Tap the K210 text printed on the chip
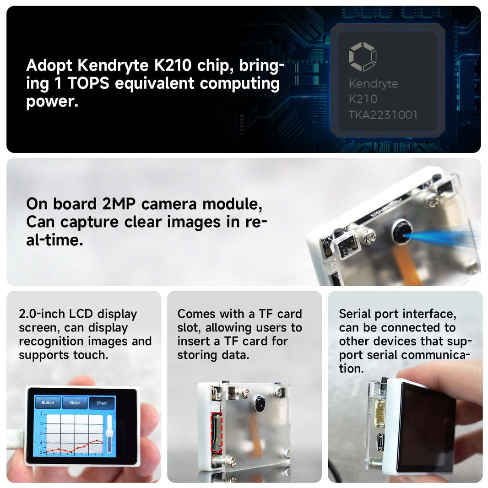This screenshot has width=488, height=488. (x=363, y=99)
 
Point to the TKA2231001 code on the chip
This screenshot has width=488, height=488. (x=383, y=114)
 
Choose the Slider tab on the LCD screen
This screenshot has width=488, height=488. (x=75, y=403)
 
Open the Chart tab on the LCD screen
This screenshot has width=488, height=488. (x=102, y=403)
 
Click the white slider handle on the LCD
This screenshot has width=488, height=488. (x=109, y=434)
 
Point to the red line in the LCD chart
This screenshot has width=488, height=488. (x=73, y=449)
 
